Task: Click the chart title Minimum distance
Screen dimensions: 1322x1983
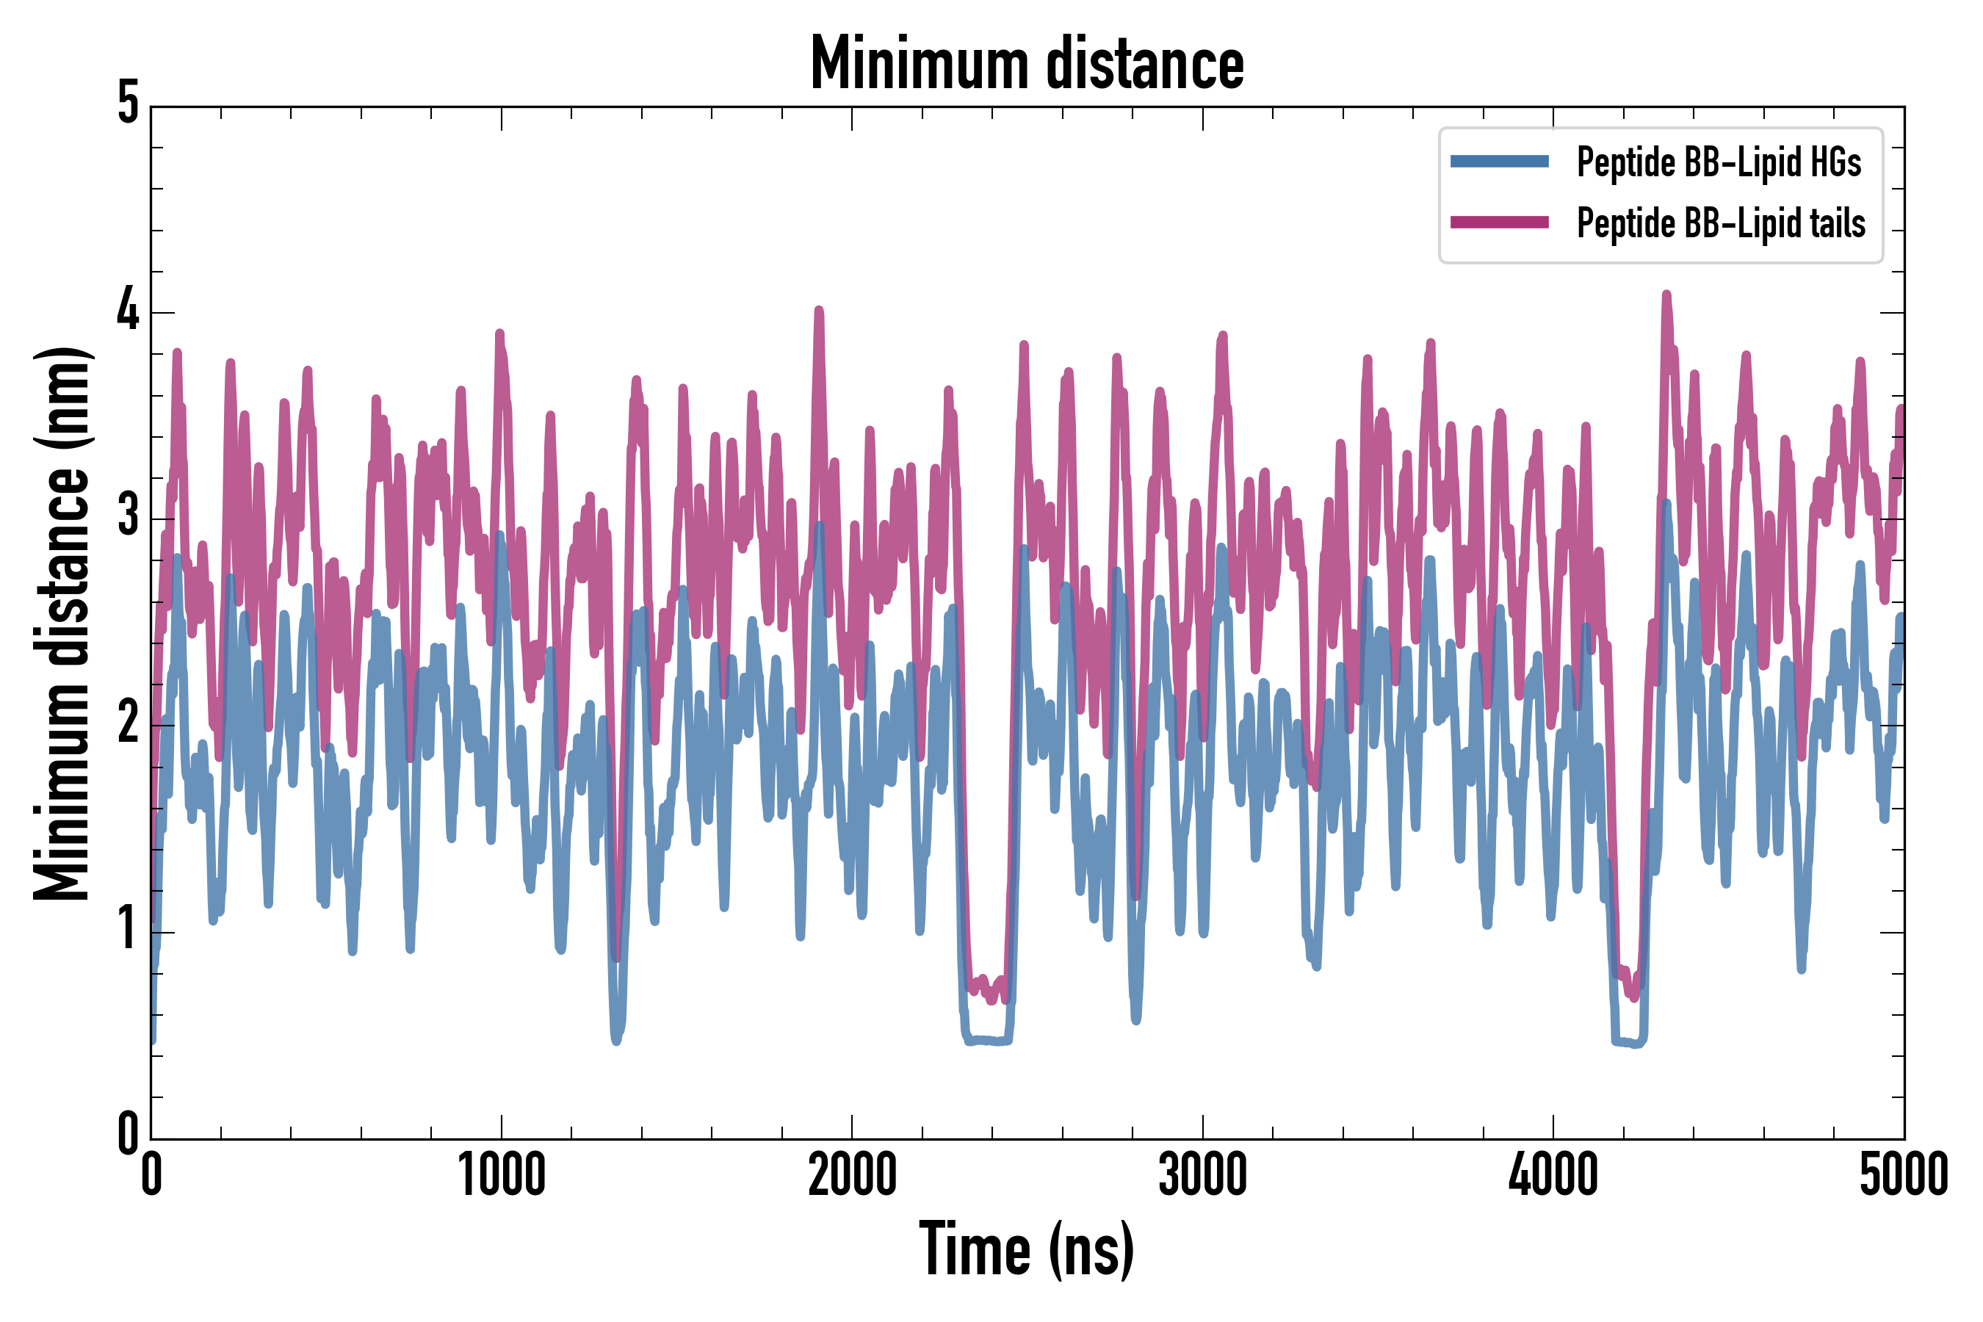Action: pos(1026,63)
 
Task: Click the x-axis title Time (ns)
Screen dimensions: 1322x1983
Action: pos(1026,1249)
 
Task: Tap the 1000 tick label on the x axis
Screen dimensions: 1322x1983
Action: pos(502,1175)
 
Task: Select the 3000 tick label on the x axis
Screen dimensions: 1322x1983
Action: pos(1202,1175)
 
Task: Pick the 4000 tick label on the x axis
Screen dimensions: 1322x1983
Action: pos(1553,1175)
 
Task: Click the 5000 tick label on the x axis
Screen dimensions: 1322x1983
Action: pos(1904,1175)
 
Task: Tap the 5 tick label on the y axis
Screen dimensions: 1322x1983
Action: pos(128,104)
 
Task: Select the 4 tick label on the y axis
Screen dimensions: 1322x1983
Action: pos(128,310)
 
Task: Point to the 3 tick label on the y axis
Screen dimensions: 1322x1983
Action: pos(128,517)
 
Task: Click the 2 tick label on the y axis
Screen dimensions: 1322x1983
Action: pos(128,723)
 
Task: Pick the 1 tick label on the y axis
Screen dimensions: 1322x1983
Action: pos(128,930)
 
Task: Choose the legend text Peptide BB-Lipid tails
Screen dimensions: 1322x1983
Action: pos(1721,223)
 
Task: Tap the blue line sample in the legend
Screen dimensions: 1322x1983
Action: pos(1499,162)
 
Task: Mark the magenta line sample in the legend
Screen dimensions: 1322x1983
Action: pos(1499,223)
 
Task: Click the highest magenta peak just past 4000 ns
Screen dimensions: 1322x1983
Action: pos(1666,295)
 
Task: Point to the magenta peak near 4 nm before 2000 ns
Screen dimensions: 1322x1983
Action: pos(819,311)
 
